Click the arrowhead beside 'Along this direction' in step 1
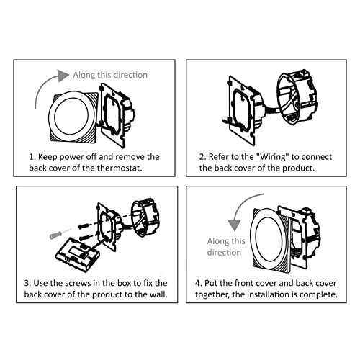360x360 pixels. point(63,76)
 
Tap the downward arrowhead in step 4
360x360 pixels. point(234,225)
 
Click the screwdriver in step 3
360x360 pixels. point(60,233)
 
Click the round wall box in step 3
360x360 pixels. point(145,217)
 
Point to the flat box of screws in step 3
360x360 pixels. point(77,255)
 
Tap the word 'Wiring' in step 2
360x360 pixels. point(273,157)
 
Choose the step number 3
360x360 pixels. point(27,283)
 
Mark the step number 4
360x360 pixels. point(198,283)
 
